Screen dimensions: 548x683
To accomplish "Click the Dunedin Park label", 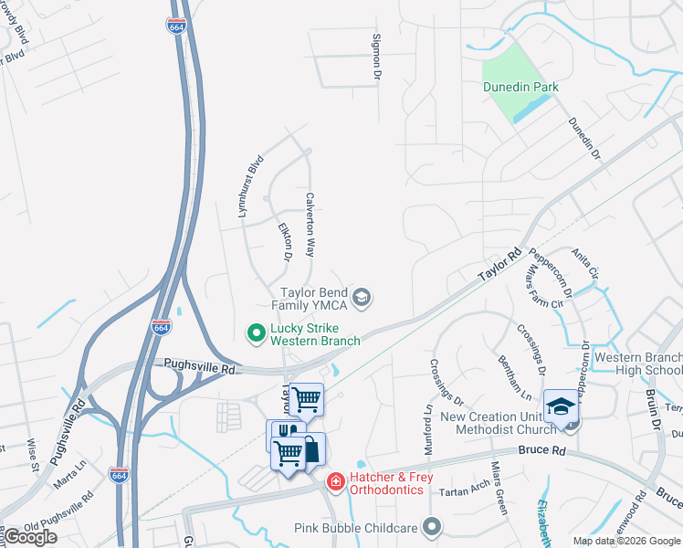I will (520, 87).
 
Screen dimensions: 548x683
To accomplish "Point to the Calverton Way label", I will (310, 224).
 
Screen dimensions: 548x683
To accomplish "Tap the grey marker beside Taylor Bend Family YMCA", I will (363, 296).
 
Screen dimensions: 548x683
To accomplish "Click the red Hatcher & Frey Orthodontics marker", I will (336, 480).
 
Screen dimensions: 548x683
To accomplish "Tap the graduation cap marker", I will (561, 406).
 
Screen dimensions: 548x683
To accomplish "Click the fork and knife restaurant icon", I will (282, 433).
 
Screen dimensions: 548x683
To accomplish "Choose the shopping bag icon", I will (311, 448).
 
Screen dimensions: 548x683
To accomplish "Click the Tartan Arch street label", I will (464, 490).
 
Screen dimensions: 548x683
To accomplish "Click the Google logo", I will (30, 537).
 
